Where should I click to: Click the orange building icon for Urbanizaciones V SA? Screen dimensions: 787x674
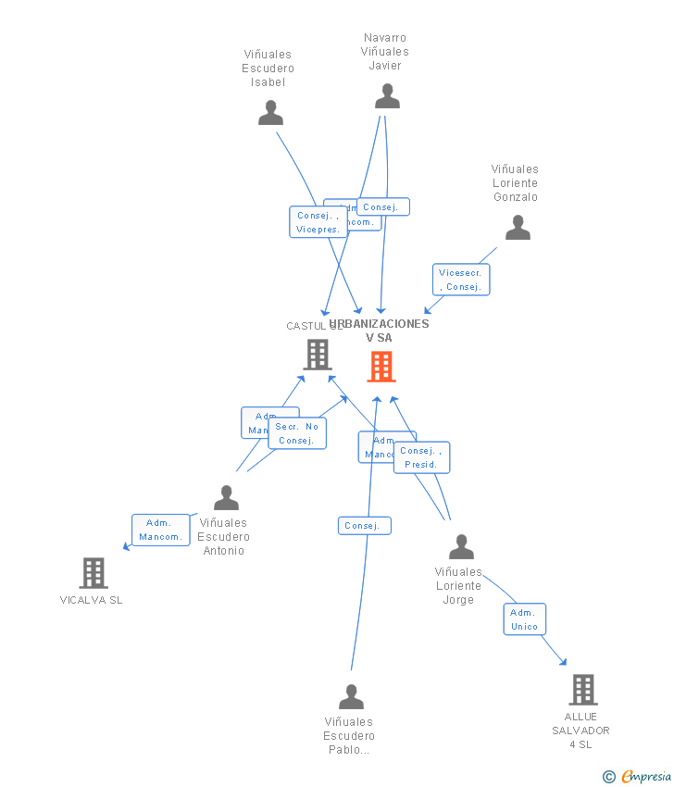point(381,367)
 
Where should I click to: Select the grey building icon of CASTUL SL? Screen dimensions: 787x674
point(318,354)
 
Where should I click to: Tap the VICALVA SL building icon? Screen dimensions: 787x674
point(94,573)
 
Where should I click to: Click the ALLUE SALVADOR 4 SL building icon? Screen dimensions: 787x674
point(582,690)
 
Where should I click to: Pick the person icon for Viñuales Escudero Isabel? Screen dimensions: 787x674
point(270,113)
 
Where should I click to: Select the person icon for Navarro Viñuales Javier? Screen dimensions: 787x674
point(387,96)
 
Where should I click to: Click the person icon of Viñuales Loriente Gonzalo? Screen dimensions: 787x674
point(518,228)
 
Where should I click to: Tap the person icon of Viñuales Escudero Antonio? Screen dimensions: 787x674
point(226,498)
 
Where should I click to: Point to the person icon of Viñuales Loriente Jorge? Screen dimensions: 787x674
point(461,547)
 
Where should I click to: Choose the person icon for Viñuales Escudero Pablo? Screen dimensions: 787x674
point(351,696)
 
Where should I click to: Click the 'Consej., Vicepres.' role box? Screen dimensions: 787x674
point(318,222)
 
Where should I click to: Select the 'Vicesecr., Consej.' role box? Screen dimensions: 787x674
point(461,280)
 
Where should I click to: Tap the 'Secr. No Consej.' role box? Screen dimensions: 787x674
point(297,433)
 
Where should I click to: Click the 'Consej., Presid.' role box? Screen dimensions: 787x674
point(421,457)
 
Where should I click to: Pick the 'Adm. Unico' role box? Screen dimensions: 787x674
point(524,619)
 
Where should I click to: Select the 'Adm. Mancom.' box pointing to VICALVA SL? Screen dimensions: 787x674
point(160,530)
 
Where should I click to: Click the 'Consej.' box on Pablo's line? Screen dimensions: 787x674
point(364,526)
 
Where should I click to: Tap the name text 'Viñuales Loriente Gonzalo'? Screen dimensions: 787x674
point(515,183)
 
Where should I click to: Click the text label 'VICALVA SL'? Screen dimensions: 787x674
point(91,600)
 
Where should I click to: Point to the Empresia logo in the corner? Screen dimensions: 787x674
point(639,776)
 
